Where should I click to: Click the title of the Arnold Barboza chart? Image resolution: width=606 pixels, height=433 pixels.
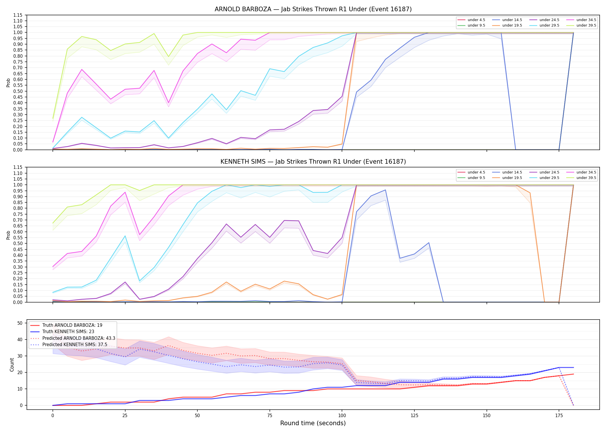point(313,9)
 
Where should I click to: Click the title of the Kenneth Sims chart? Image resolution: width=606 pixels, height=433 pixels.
point(313,162)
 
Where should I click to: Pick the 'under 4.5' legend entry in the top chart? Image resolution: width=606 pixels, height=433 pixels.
point(471,20)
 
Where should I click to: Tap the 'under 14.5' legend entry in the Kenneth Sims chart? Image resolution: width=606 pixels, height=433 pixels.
point(507,172)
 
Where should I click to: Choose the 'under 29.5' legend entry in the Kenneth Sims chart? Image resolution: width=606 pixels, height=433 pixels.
point(544,178)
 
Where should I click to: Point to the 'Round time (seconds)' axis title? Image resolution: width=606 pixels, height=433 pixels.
point(313,423)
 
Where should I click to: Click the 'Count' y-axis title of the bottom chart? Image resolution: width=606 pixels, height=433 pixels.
point(12,365)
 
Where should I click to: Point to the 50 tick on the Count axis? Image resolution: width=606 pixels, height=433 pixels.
point(20,323)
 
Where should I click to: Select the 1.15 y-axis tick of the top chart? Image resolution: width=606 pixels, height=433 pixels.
point(18,15)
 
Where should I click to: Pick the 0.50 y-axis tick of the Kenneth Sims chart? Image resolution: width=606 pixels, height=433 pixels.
point(18,243)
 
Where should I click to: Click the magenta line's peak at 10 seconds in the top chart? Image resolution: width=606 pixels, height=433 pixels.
point(82,69)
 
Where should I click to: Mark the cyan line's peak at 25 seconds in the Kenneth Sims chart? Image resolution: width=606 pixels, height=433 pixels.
point(125,236)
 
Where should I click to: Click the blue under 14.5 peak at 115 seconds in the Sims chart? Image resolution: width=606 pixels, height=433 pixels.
point(385,190)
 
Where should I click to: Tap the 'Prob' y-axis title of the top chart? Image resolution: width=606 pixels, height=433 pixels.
point(8,83)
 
